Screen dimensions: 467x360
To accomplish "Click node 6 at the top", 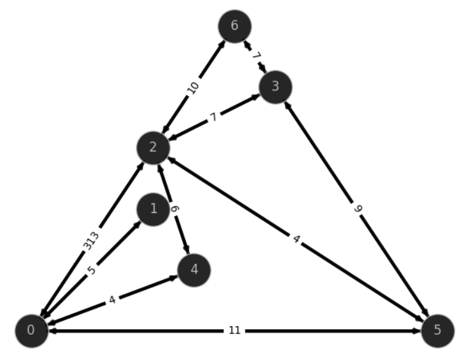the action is click(x=234, y=26).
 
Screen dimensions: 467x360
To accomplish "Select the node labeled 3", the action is click(x=275, y=87).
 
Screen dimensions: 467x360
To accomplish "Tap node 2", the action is click(x=153, y=148).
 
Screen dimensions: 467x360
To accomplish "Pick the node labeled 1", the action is click(x=153, y=209).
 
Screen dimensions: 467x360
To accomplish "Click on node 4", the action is click(x=194, y=270).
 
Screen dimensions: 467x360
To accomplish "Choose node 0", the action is click(x=31, y=331).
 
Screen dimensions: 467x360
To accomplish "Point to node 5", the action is click(x=437, y=331).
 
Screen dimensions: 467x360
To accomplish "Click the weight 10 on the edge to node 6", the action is click(x=193, y=87).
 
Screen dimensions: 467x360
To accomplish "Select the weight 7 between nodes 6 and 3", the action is click(x=256, y=56).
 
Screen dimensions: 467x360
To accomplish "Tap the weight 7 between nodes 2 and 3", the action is click(x=214, y=118).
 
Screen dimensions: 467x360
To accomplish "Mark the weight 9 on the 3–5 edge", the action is click(x=358, y=209).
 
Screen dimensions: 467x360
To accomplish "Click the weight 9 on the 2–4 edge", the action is click(x=175, y=209).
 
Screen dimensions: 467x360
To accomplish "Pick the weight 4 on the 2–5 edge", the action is click(x=296, y=239).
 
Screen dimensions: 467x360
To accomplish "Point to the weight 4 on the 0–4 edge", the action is click(x=112, y=300).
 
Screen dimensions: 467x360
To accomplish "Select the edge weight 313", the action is click(x=90, y=241).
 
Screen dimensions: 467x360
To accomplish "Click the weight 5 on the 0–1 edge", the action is click(x=92, y=270).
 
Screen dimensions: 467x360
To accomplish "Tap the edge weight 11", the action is click(x=234, y=330).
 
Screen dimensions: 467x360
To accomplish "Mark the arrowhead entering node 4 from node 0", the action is click(x=174, y=278).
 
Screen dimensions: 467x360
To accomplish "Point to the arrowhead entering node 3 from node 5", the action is click(x=287, y=105).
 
